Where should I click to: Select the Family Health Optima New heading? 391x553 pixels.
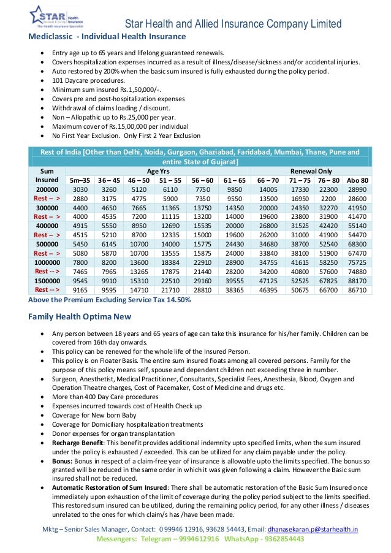point(80,317)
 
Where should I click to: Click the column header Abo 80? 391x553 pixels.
point(357,181)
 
